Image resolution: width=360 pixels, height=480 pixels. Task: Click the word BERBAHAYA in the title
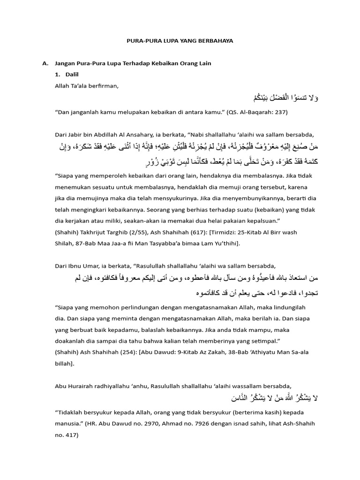216,41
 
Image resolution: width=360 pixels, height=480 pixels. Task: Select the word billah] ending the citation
66,363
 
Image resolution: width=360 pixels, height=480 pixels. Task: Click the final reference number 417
71,435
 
